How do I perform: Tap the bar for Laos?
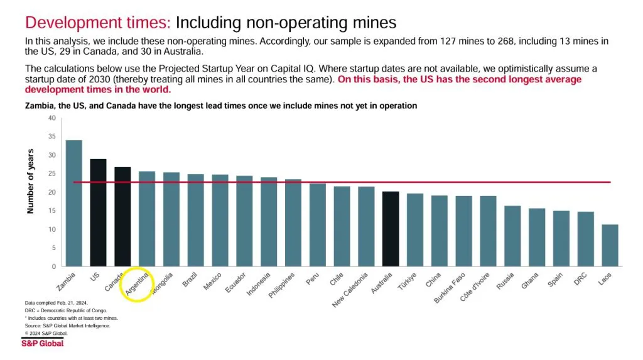click(610, 245)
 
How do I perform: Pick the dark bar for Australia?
click(391, 229)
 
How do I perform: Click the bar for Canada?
click(122, 217)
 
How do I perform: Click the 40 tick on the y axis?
click(52, 118)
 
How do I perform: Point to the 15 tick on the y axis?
click(52, 211)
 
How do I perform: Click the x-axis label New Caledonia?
click(355, 291)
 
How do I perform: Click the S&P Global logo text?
click(42, 343)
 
